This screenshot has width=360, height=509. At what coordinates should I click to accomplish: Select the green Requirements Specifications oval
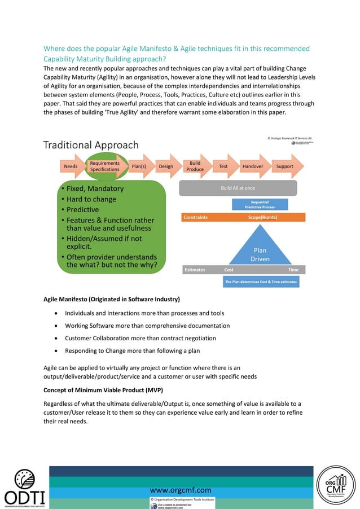pyautogui.click(x=104, y=166)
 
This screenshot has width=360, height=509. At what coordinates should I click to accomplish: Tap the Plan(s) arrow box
pyautogui.click(x=139, y=166)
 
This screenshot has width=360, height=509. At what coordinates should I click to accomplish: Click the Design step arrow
pyautogui.click(x=166, y=166)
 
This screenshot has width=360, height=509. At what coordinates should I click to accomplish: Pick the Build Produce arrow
pyautogui.click(x=196, y=166)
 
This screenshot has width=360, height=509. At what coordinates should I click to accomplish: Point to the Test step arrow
pyautogui.click(x=223, y=166)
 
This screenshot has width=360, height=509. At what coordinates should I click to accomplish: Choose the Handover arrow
pyautogui.click(x=252, y=166)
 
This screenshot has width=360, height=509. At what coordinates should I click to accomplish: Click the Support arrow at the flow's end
pyautogui.click(x=285, y=166)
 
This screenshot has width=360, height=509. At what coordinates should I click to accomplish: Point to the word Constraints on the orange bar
pyautogui.click(x=196, y=217)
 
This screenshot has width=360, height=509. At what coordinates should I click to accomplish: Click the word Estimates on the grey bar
pyautogui.click(x=195, y=270)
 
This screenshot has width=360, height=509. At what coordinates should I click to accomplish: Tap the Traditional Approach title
pyautogui.click(x=92, y=145)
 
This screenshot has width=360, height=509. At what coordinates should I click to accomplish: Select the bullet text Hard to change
pyautogui.click(x=91, y=199)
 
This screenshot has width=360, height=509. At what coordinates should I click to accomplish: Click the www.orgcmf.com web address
pyautogui.click(x=181, y=490)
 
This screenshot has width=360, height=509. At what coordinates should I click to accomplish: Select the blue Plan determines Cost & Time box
pyautogui.click(x=261, y=282)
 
